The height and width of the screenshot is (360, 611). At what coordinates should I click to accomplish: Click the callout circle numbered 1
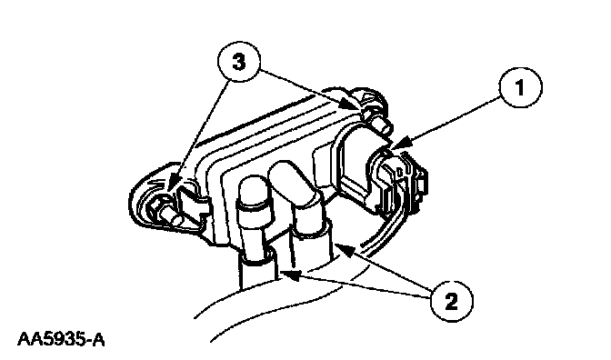[521, 87]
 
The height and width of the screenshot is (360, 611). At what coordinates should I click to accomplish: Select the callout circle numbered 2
[452, 301]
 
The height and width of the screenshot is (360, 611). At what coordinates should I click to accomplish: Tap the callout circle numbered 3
[238, 61]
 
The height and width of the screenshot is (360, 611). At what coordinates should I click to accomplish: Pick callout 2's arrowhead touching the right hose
[344, 249]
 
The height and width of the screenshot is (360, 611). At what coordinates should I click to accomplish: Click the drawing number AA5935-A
[61, 339]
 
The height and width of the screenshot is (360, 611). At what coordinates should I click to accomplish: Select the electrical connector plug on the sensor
[397, 183]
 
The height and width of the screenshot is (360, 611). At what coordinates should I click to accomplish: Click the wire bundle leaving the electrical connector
[386, 234]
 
